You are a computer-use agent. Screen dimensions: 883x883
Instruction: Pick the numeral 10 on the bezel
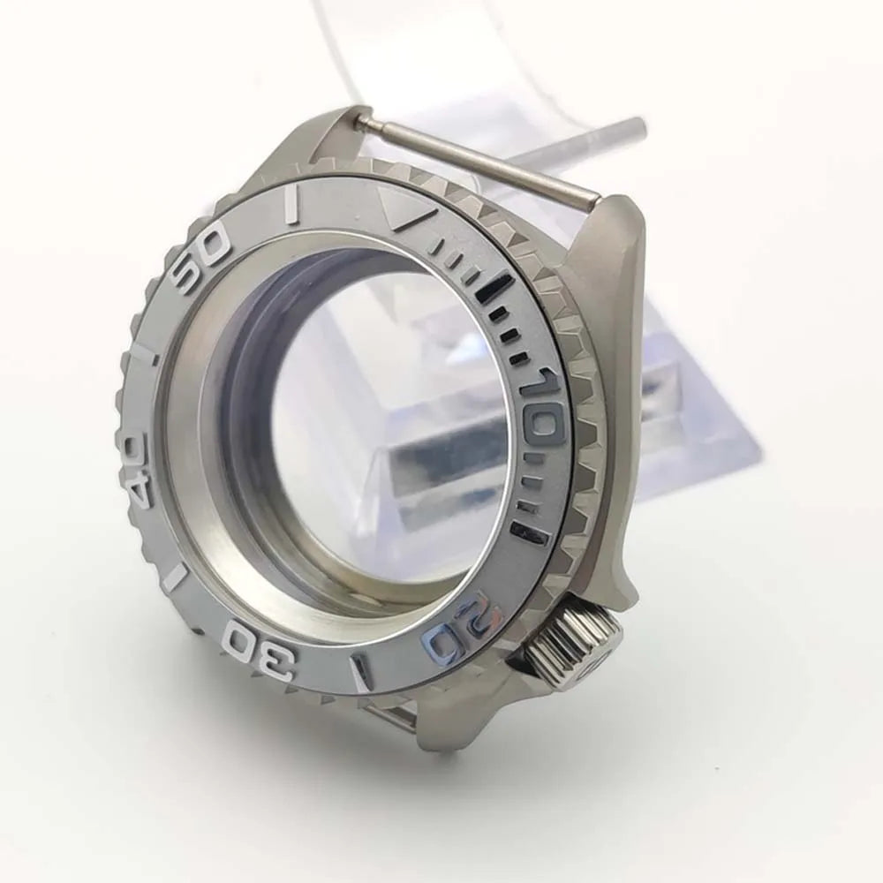click(536, 405)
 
